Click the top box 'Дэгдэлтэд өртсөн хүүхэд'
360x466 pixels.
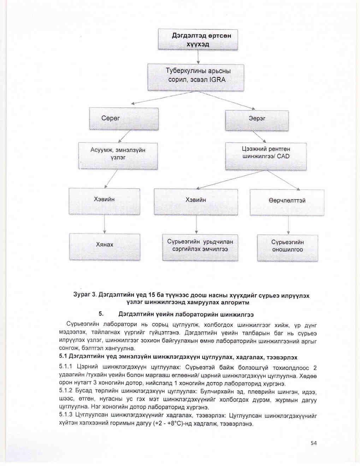click(197, 40)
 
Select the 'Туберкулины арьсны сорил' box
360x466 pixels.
click(196, 77)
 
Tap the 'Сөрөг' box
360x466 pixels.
click(124, 119)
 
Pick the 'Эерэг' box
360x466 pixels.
click(257, 120)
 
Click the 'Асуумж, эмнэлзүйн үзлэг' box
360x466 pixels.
click(118, 155)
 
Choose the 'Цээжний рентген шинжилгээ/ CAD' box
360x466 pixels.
click(266, 156)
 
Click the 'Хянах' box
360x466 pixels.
click(105, 247)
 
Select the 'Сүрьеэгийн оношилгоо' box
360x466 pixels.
click(288, 248)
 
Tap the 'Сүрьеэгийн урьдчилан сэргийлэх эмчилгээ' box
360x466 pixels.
click(200, 247)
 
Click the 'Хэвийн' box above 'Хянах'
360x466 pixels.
click(104, 201)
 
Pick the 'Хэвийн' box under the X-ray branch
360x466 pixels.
click(196, 202)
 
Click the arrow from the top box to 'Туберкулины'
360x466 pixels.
click(198, 57)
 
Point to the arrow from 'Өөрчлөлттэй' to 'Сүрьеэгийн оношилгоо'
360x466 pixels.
click(288, 225)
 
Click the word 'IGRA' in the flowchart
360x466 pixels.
click(217, 80)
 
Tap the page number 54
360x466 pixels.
click(313, 443)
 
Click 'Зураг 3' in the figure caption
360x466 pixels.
click(84, 295)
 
